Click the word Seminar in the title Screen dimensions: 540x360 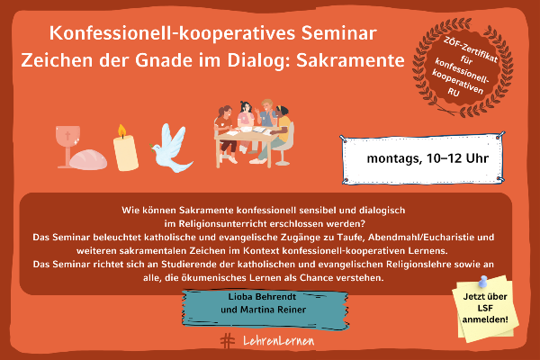pos(339,33)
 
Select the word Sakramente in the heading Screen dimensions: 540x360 pos(350,60)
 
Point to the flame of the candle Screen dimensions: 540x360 pos(121,130)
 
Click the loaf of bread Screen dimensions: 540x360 pos(88,159)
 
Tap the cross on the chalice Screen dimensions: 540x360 pos(67,135)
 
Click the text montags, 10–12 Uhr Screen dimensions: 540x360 pos(427,158)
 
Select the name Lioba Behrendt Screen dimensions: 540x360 pos(262,297)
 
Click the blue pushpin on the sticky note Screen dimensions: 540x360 pos(482,281)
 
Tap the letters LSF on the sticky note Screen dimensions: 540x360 pos(485,308)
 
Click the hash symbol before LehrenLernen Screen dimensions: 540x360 pos(228,341)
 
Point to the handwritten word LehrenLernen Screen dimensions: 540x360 pos(279,341)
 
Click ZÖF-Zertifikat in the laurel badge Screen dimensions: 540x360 pos(471,49)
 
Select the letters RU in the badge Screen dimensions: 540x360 pos(454,92)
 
